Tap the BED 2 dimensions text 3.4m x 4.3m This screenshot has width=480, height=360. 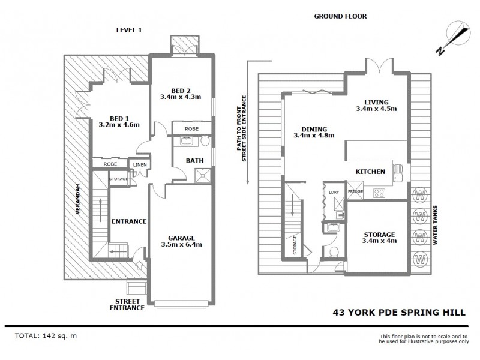(180, 96)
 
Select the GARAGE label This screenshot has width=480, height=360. (180, 237)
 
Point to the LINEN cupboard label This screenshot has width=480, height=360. (139, 164)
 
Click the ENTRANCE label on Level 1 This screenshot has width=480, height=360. (129, 221)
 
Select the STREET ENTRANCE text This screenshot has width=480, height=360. (127, 304)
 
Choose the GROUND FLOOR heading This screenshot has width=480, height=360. (341, 17)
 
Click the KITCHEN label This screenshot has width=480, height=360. (370, 172)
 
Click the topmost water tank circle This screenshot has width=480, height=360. (420, 194)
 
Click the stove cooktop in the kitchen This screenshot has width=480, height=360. (379, 193)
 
